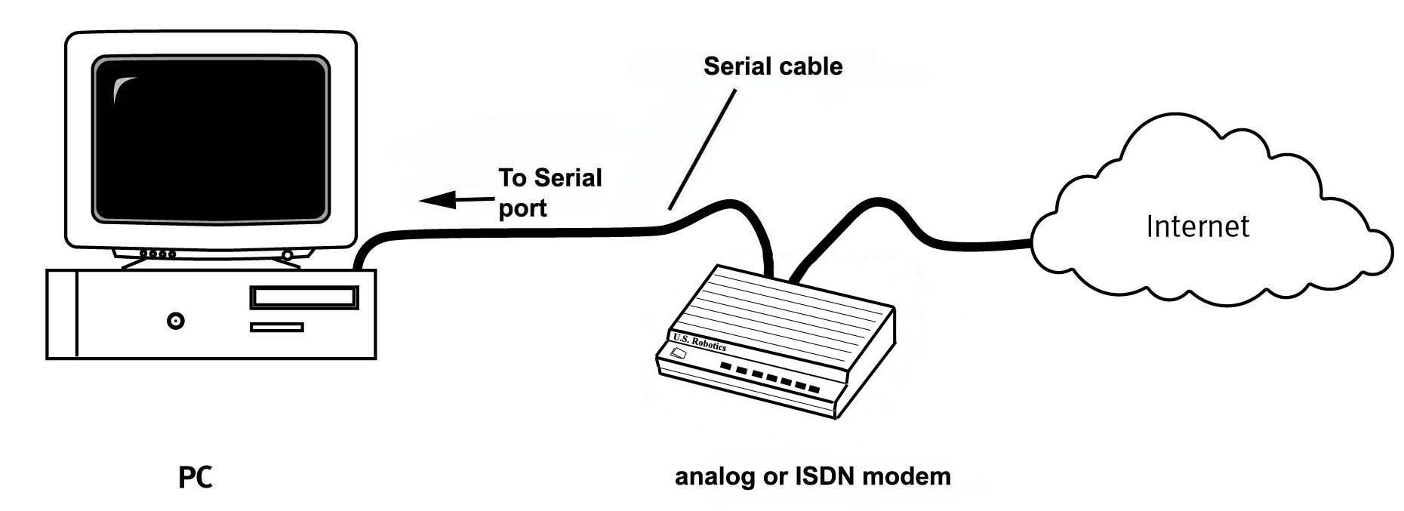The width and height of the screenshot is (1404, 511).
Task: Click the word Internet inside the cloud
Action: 1197,226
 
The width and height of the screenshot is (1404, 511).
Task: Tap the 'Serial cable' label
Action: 772,66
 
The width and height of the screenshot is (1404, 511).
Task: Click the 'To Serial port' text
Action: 550,192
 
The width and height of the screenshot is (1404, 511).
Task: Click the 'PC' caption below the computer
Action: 195,477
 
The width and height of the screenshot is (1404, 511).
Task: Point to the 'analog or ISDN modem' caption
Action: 812,477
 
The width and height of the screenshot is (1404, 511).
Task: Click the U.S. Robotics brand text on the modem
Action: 699,342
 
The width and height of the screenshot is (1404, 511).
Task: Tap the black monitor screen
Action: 211,140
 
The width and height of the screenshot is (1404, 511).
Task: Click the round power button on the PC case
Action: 176,321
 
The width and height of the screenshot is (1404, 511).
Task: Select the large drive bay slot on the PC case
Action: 304,297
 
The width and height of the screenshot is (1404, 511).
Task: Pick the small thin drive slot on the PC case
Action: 276,327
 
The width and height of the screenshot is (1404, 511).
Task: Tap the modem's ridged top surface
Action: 785,309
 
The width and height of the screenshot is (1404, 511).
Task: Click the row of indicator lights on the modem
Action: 770,377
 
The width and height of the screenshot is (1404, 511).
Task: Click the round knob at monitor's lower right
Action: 287,255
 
